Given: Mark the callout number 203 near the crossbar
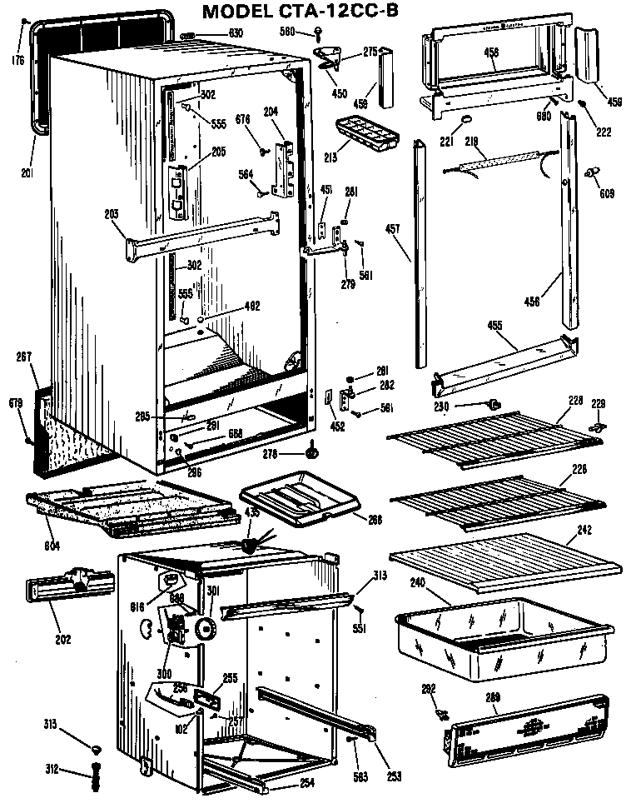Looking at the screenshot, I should click(x=112, y=214).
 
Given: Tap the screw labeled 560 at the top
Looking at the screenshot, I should click(x=320, y=33).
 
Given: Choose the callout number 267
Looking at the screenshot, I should click(x=22, y=357).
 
